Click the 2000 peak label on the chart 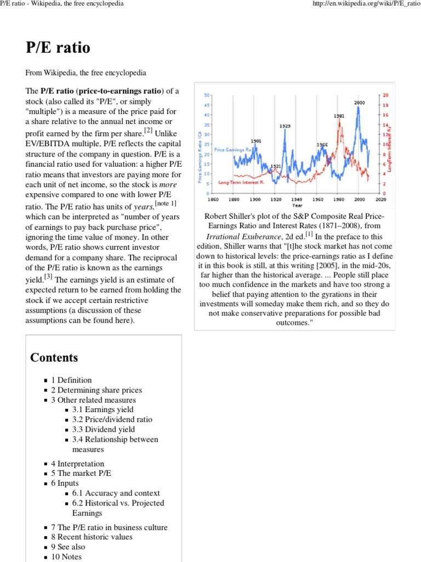359,103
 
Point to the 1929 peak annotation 285,126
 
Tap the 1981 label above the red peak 339,116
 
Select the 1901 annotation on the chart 256,141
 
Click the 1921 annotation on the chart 276,166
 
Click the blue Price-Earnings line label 233,149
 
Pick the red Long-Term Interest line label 242,182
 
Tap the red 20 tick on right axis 385,94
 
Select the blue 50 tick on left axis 207,94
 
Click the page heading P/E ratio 58,48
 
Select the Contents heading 54,358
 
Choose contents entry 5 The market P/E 81,473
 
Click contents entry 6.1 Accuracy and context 116,493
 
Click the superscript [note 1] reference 166,204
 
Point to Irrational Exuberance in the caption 244,236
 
